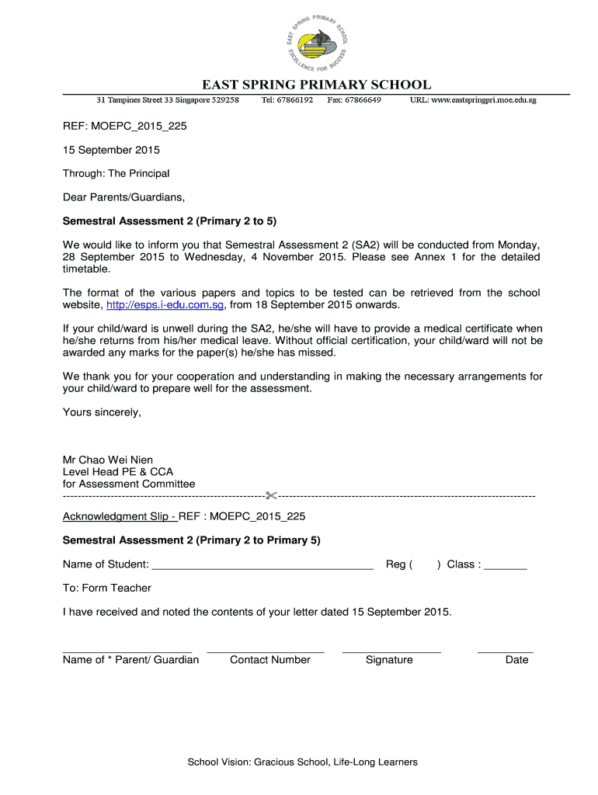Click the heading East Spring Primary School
(316, 85)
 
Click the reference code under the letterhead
(124, 125)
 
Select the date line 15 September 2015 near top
(111, 149)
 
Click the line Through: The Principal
(116, 173)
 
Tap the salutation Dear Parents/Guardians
(123, 197)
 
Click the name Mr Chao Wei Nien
(107, 460)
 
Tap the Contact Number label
(269, 660)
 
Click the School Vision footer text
(302, 762)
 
